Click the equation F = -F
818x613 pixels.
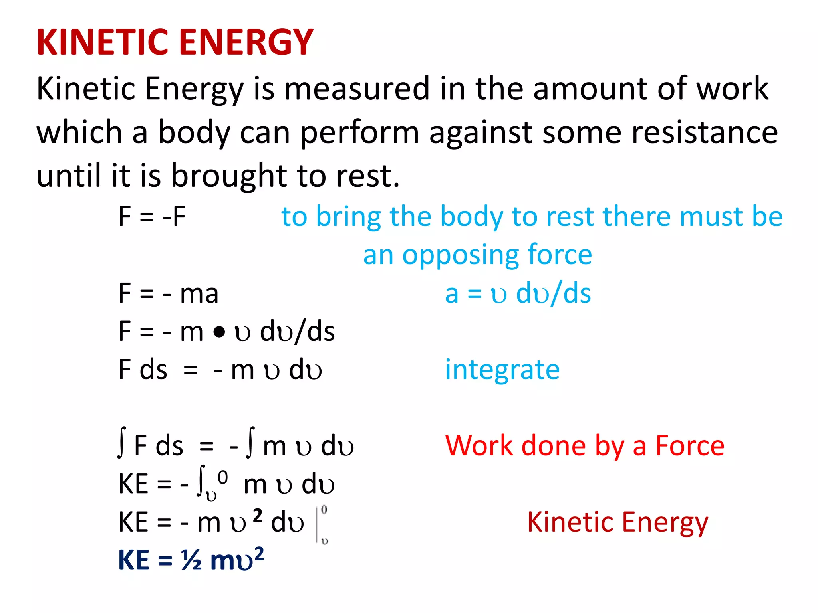click(152, 217)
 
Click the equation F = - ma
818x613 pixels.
click(168, 293)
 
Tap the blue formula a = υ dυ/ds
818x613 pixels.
click(518, 294)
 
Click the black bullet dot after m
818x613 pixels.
click(219, 332)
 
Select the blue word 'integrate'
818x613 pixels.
click(502, 370)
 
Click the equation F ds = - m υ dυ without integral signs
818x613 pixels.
click(220, 370)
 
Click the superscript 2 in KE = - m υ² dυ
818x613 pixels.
click(258, 516)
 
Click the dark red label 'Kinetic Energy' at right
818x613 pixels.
click(617, 522)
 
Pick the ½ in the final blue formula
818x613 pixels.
click(191, 560)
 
